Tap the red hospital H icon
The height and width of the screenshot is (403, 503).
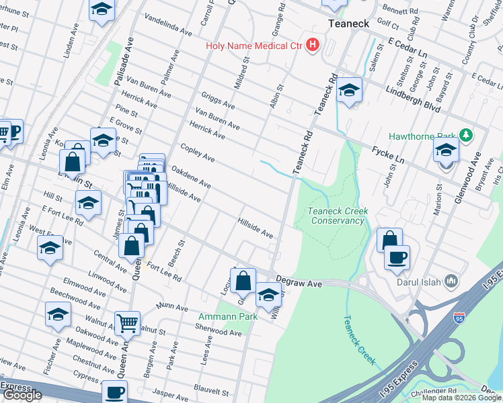point(312,46)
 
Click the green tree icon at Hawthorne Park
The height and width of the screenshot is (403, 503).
point(465,136)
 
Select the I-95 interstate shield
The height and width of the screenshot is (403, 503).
point(460,318)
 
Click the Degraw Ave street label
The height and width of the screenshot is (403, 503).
point(299,285)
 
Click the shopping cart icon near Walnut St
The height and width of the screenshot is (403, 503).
point(127,323)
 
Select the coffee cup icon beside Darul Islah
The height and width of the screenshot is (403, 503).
point(397,257)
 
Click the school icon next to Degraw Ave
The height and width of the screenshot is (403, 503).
point(268,294)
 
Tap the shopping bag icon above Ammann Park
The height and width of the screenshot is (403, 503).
point(243,281)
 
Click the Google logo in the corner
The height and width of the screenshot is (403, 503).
point(22,395)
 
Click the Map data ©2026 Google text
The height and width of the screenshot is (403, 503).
point(462,398)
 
